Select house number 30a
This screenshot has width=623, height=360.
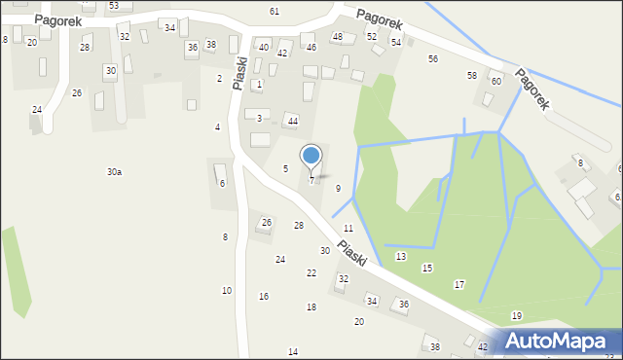[x=114, y=172]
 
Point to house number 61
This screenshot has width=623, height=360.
[x=275, y=11]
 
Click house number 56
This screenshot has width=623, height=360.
[x=433, y=58]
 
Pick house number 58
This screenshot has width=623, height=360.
[x=472, y=75]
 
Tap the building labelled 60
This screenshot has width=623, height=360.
[x=495, y=81]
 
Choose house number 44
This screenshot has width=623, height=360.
[x=292, y=121]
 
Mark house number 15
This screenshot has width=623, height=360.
[x=426, y=268]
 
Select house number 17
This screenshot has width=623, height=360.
[x=459, y=284]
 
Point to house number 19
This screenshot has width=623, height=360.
[x=517, y=315]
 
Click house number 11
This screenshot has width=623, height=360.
[x=348, y=228]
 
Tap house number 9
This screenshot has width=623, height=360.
[x=338, y=188]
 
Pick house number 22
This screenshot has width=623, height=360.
[x=311, y=272]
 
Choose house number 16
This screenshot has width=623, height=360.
[x=264, y=296]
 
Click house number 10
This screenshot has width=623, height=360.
[x=227, y=290]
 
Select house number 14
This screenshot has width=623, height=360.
[x=293, y=351]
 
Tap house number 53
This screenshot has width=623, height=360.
[x=114, y=6]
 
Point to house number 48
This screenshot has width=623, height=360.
[x=338, y=37]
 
